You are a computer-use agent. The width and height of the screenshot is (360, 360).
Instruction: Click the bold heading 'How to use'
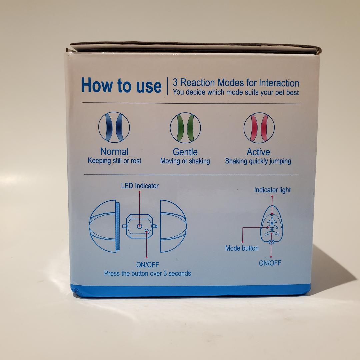click(x=121, y=85)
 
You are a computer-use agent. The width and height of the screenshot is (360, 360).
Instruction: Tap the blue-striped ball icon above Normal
click(x=114, y=127)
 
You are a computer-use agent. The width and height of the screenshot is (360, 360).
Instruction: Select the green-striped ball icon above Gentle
click(x=185, y=128)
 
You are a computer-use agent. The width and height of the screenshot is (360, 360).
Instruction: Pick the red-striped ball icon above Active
click(x=259, y=128)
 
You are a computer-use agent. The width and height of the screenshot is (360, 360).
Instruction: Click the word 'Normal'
click(x=114, y=152)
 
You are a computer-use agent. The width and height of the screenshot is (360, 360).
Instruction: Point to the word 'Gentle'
click(x=185, y=152)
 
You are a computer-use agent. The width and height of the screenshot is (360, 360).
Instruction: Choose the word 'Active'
click(x=258, y=152)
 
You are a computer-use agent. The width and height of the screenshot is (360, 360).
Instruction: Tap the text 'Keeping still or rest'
click(x=114, y=161)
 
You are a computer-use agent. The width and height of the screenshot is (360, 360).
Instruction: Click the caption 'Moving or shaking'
click(x=185, y=161)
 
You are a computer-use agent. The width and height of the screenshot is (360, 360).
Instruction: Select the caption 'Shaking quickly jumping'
click(x=258, y=161)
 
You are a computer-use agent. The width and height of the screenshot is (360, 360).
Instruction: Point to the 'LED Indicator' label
click(x=140, y=186)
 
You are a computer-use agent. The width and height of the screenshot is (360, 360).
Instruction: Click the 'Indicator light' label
click(x=272, y=190)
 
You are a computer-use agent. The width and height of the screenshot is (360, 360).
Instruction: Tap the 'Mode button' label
click(x=242, y=248)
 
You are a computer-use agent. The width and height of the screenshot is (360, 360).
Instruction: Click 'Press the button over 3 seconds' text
click(x=147, y=273)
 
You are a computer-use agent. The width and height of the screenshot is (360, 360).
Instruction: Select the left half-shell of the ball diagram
click(x=104, y=226)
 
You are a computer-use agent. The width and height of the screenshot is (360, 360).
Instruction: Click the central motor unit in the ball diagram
click(x=140, y=226)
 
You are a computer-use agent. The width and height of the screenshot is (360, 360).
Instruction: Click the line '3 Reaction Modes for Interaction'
click(x=236, y=83)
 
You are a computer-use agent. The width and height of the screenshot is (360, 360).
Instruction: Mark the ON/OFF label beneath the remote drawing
click(x=270, y=263)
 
